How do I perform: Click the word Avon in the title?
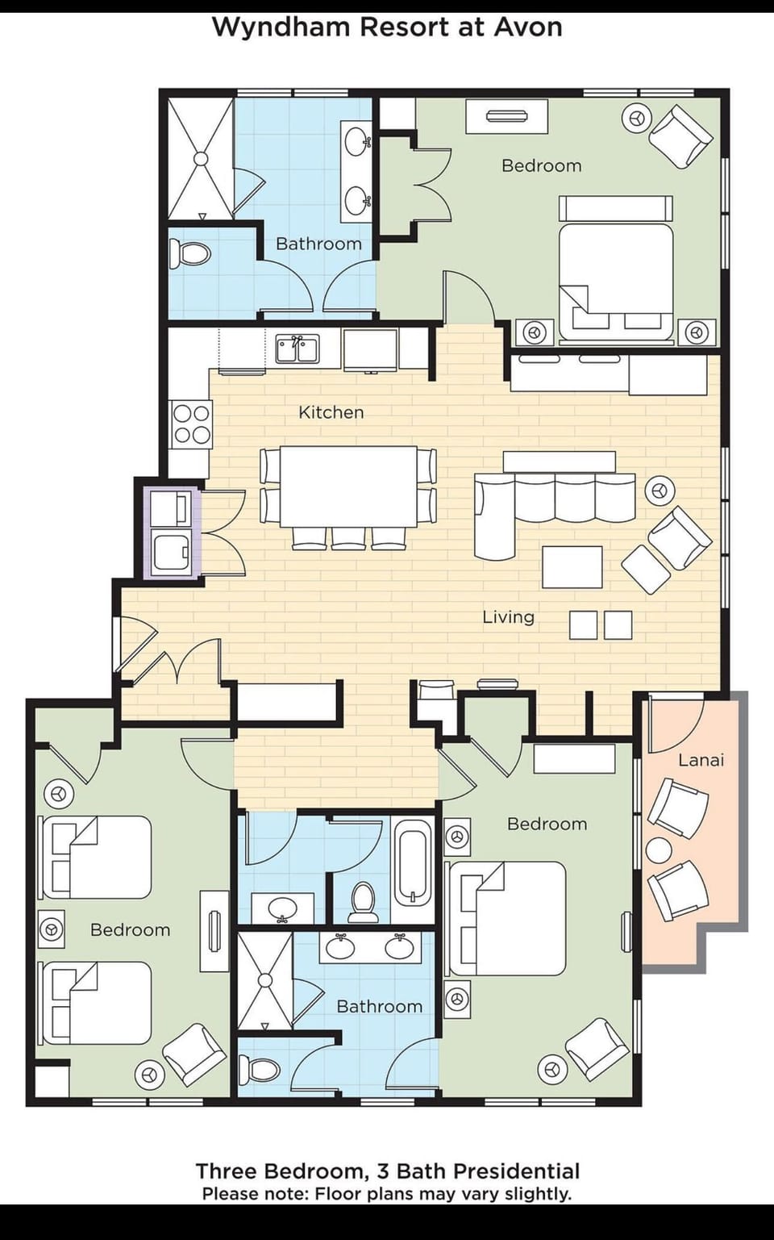tap(527, 27)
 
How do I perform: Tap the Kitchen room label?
tap(331, 412)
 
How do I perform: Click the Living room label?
tap(508, 617)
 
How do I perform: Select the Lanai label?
tap(701, 760)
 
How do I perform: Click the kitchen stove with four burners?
tap(192, 424)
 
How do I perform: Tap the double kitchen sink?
tap(297, 349)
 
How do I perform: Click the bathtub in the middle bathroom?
tap(414, 862)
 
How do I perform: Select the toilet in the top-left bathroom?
tap(193, 253)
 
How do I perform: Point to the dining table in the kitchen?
tap(347, 486)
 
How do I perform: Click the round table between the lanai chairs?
tap(659, 850)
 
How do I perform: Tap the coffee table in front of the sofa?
tap(572, 566)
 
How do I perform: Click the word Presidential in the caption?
tap(516, 1171)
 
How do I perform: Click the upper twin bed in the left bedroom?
tap(97, 857)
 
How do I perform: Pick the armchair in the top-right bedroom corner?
tap(681, 136)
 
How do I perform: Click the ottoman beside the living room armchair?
tap(645, 570)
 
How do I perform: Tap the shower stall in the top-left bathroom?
tap(200, 158)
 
